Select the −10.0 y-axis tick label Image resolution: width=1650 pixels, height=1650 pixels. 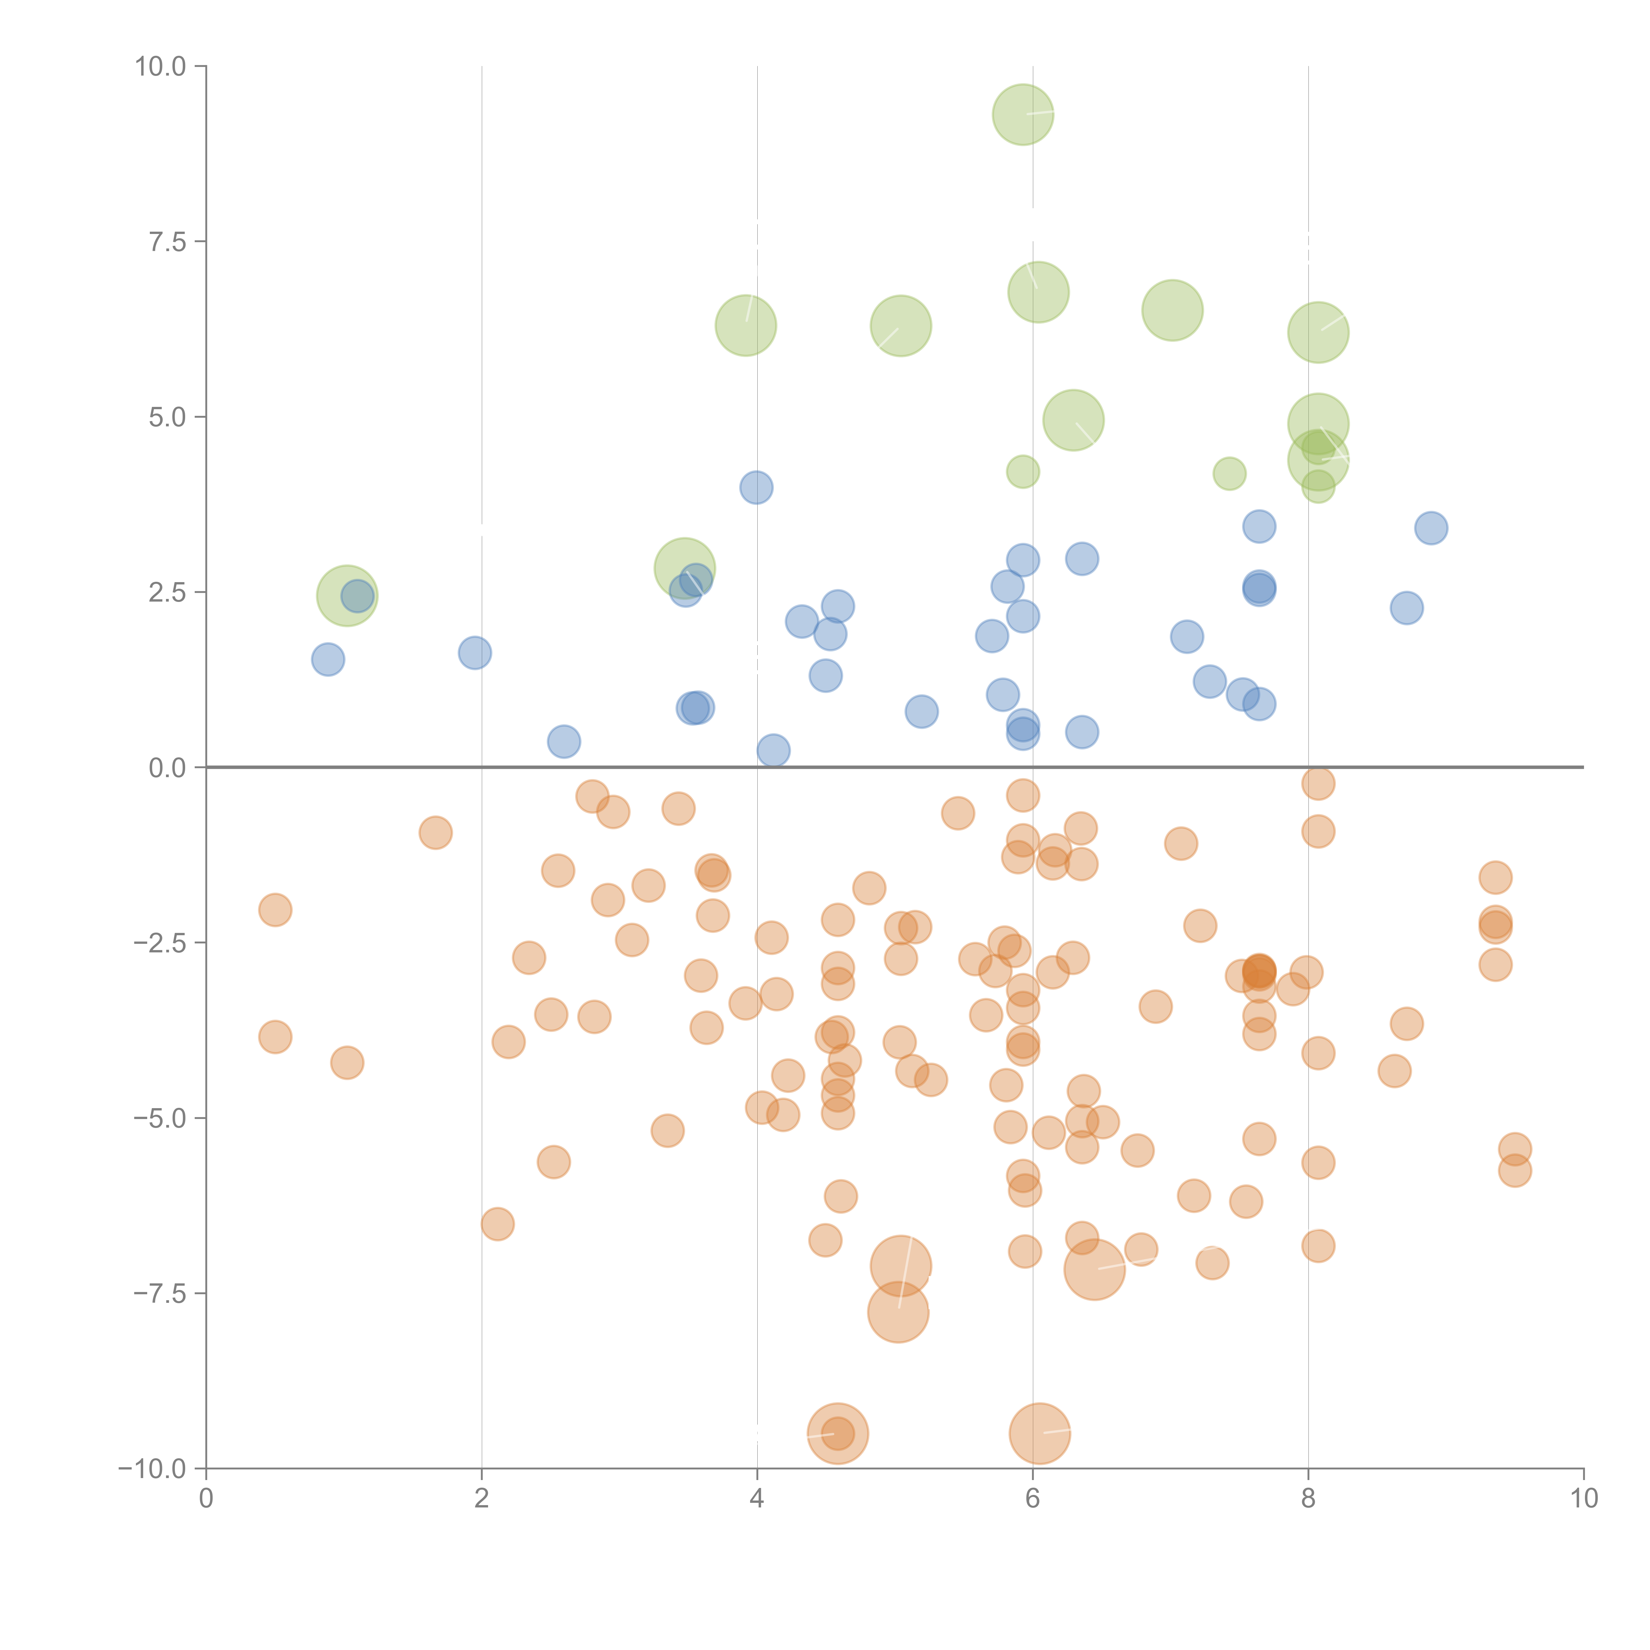(x=152, y=1469)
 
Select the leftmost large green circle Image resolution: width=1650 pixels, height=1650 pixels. (x=347, y=595)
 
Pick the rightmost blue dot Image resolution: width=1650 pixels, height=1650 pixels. (x=1431, y=528)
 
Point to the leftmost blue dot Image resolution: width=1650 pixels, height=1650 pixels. (x=328, y=659)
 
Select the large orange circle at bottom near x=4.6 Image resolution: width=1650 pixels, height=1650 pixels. (x=838, y=1433)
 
